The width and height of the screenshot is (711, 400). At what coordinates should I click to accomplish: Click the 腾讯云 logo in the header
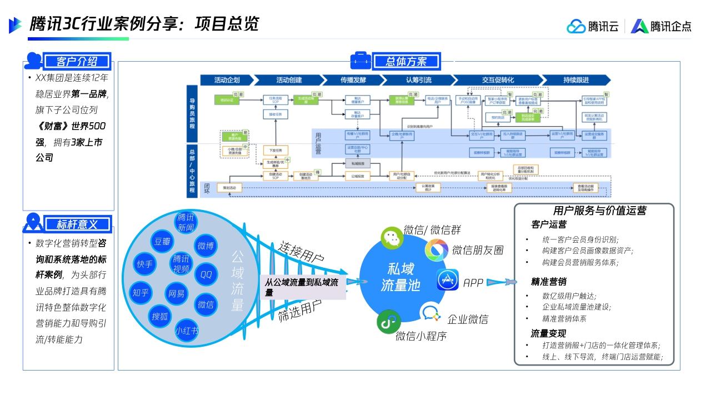593,26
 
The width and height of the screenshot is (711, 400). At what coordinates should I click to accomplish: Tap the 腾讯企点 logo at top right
661,26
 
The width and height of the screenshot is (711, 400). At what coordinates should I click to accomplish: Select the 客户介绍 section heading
77,61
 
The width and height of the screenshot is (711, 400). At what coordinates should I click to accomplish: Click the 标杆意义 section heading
77,224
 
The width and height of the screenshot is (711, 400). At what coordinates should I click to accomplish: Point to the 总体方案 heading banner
406,61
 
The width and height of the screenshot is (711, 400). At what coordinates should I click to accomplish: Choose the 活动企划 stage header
227,80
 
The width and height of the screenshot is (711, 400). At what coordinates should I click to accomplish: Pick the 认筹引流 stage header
418,80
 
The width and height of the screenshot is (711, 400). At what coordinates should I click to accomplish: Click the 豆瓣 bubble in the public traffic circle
162,242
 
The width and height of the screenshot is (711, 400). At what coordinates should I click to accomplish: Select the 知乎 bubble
141,292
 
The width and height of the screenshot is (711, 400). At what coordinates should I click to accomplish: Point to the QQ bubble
206,274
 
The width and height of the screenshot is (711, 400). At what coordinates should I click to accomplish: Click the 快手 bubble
144,264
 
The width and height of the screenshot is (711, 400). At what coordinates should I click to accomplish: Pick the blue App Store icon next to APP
447,280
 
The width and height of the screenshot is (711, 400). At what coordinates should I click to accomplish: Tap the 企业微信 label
468,319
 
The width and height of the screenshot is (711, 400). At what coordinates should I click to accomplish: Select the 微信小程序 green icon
389,322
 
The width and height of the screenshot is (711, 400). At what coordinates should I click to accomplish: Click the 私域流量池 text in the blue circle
400,277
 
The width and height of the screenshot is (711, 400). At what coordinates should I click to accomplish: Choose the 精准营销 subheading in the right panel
549,281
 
